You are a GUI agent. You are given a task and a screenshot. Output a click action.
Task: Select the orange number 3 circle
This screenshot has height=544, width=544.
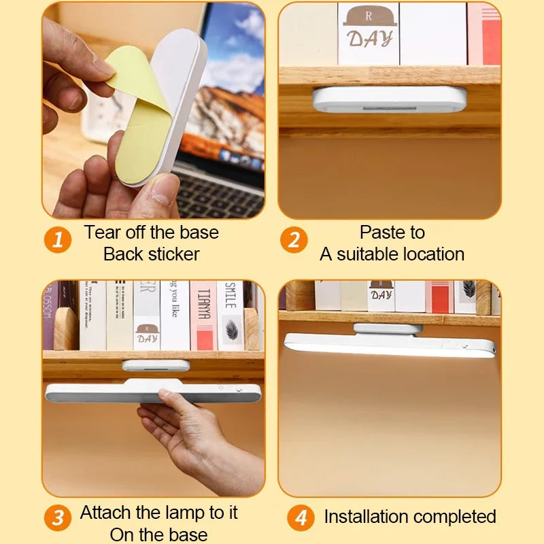tap(58, 518)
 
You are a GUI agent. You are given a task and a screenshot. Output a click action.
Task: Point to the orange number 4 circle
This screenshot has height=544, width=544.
tap(300, 518)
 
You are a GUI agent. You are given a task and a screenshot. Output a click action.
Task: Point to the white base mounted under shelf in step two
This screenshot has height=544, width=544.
tap(389, 99)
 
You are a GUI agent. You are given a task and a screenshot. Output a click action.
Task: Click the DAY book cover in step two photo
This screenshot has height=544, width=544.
tap(369, 34)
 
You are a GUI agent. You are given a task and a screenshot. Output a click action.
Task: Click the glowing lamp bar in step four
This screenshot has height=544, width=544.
tap(389, 345)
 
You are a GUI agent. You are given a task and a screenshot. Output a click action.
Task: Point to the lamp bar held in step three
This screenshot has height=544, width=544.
tap(153, 393)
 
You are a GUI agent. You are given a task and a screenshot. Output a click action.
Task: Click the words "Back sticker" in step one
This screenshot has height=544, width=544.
tap(152, 254)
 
